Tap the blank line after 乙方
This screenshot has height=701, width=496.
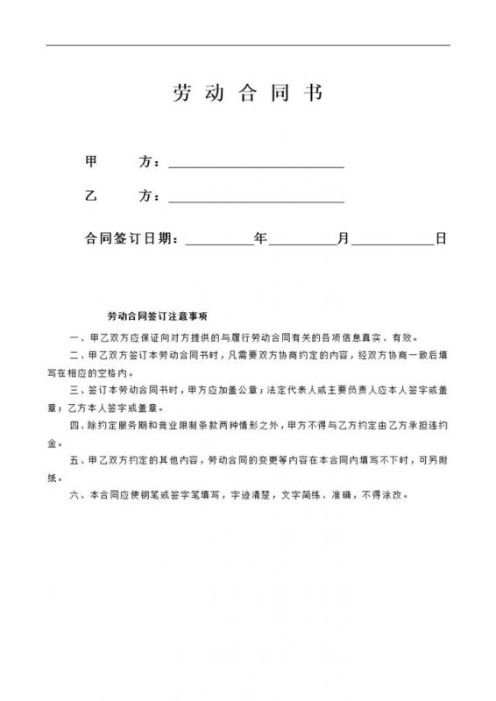pos(256,198)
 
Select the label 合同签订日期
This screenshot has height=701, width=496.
pos(131,237)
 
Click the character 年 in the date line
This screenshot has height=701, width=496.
pos(260,237)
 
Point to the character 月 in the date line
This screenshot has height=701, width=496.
pos(344,237)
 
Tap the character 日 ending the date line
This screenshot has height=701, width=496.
pos(442,237)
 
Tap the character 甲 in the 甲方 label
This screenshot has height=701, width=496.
pos(89,163)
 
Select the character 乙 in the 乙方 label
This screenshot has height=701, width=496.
pos(89,197)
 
